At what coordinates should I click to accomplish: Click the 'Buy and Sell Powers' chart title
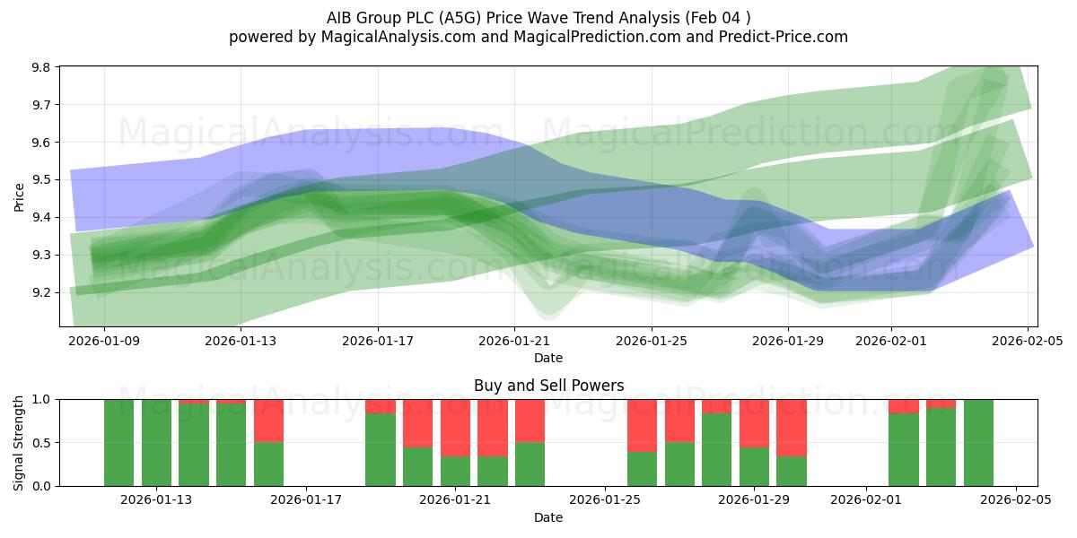point(548,386)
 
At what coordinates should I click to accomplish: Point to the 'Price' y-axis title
point(20,195)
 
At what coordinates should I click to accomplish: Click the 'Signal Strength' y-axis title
point(20,442)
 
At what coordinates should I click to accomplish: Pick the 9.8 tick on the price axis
point(42,67)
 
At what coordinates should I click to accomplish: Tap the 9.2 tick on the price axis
point(42,292)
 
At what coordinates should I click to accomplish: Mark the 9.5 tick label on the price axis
point(42,180)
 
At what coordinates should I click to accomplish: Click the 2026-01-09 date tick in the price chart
point(105,341)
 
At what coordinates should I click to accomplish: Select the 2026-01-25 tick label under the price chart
point(651,341)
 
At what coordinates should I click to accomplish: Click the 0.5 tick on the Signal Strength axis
point(42,443)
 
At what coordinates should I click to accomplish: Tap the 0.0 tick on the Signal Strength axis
point(42,486)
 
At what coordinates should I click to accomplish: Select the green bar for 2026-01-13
point(157,443)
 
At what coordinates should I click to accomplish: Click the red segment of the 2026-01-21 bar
point(455,428)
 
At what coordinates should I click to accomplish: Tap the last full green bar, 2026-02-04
point(978,443)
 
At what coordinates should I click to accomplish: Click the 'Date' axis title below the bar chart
point(548,517)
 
